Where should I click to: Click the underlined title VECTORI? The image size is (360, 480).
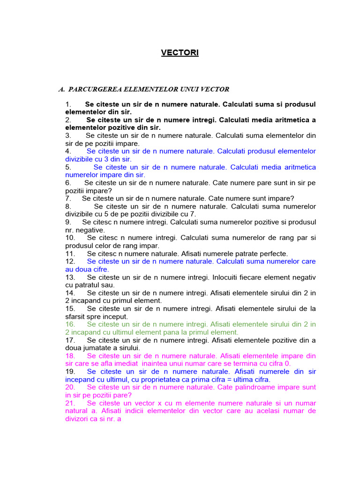pos(180,53)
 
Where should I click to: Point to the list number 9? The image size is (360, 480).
pos(68,222)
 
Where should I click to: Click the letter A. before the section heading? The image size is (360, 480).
pos(61,89)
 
